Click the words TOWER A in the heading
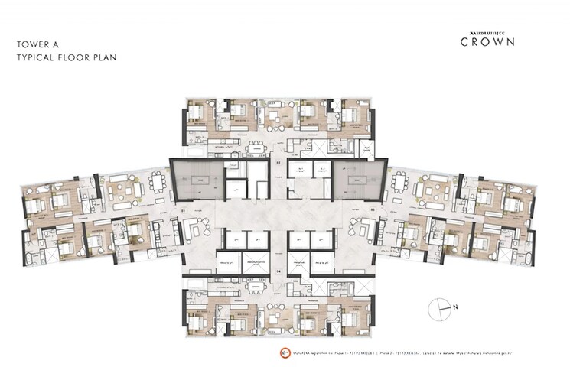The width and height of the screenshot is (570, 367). pos(37,45)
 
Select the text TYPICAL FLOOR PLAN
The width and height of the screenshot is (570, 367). pos(62,58)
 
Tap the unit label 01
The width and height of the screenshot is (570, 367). pos(182,209)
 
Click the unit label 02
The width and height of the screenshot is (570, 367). pos(278,163)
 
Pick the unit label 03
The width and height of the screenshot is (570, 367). pos(373,209)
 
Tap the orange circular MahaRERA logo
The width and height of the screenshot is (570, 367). pos(264,354)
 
